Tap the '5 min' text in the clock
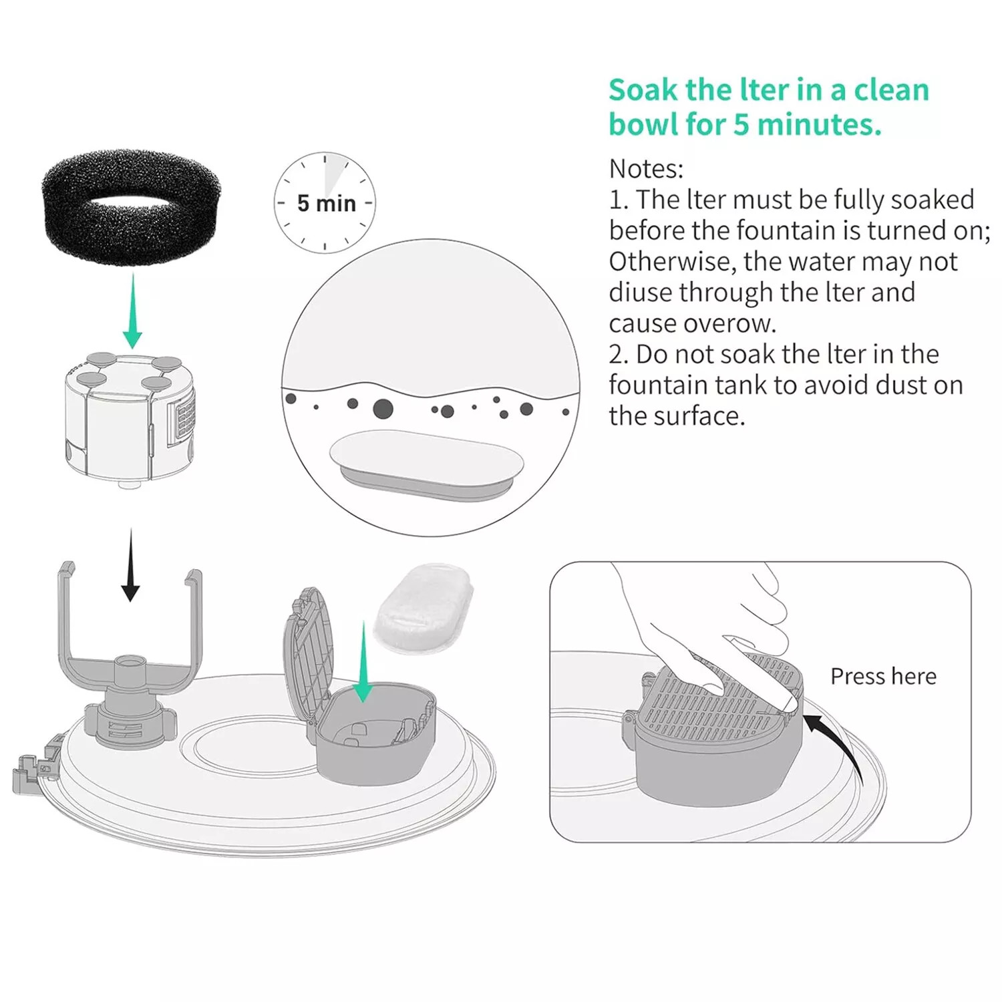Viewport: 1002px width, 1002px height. click(327, 203)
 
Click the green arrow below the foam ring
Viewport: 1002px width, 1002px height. click(132, 311)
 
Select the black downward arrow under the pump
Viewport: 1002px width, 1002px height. click(130, 565)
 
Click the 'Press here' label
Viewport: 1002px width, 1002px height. click(883, 676)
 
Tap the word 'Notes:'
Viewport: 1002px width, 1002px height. click(646, 168)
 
